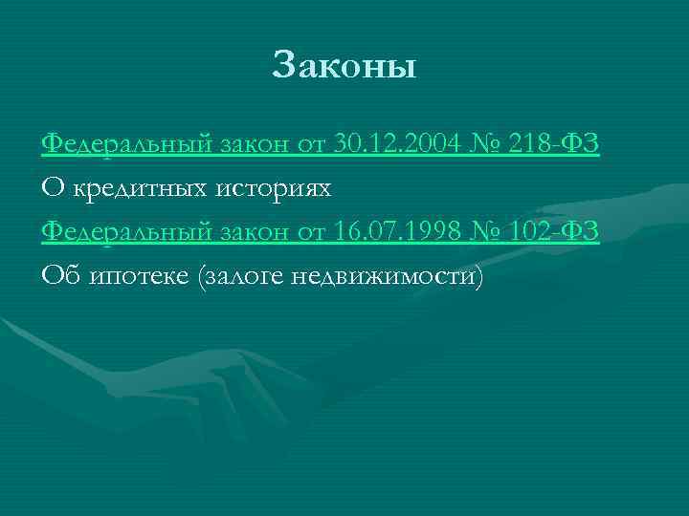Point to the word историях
270,188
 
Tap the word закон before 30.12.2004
254,144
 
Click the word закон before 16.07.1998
254,232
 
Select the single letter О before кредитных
53,188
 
